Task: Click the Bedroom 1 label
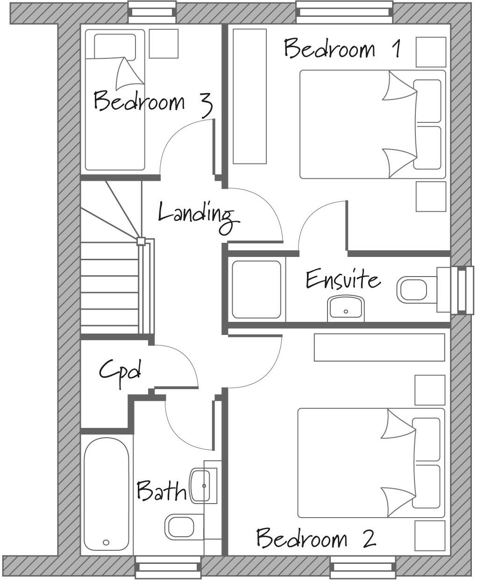342,49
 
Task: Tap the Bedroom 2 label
316,538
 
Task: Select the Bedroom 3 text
153,102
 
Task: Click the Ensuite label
343,280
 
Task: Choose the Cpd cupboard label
120,371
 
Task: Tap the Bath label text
161,491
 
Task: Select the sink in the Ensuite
346,308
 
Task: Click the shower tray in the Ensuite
256,290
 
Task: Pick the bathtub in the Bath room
107,494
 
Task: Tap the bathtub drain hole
106,542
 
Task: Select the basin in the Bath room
201,486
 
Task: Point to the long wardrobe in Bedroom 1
249,96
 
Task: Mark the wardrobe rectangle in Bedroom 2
379,347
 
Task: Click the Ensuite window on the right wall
457,290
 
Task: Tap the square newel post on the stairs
141,242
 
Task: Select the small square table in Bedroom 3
164,43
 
